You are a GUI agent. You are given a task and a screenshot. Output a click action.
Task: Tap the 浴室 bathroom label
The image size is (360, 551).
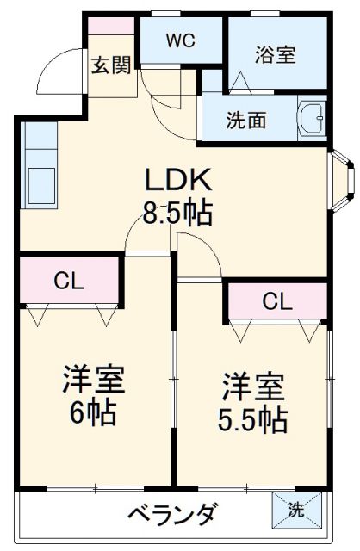tap(275, 53)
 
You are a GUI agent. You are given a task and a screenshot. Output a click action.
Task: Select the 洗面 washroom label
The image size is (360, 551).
tap(247, 121)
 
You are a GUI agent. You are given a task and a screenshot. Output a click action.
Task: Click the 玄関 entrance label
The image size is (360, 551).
tap(112, 65)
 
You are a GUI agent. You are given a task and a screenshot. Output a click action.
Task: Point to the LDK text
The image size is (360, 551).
tap(177, 181)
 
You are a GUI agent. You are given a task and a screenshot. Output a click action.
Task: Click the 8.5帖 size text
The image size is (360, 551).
tap(177, 212)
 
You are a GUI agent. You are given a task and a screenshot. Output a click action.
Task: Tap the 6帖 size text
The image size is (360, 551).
tap(93, 413)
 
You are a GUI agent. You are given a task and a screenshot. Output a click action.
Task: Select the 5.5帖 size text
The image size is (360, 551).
tap(252, 419)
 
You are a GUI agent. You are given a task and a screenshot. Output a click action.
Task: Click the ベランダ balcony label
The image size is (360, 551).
tap(172, 514)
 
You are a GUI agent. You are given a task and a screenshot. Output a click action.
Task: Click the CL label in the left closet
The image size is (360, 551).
tap(69, 281)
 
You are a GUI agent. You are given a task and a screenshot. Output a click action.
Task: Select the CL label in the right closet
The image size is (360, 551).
tap(276, 301)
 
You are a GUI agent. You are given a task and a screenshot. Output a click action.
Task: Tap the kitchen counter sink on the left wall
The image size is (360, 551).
tap(38, 183)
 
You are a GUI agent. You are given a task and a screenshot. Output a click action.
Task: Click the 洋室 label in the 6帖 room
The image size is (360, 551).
tap(93, 380)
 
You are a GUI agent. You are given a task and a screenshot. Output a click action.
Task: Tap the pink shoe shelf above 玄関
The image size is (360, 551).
tap(112, 27)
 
